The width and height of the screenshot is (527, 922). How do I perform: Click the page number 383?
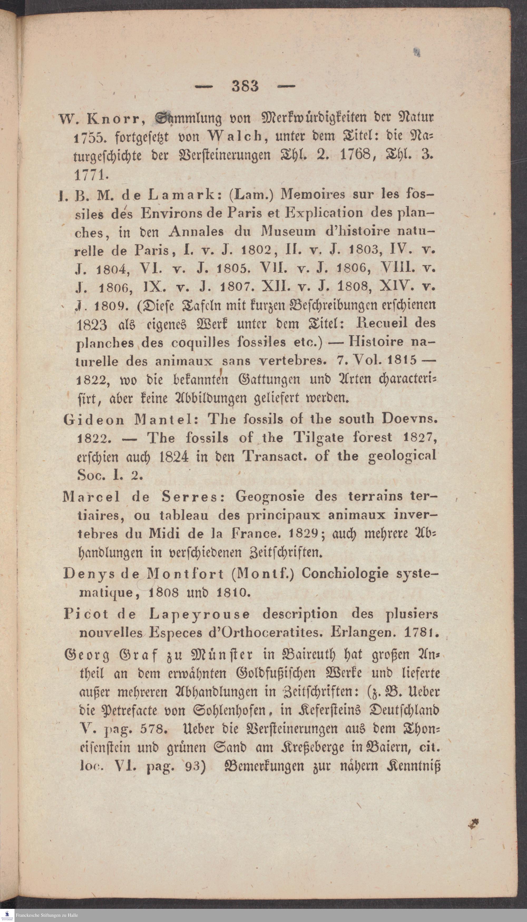click(245, 86)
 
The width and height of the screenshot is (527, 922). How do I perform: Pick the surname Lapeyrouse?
click(199, 614)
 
